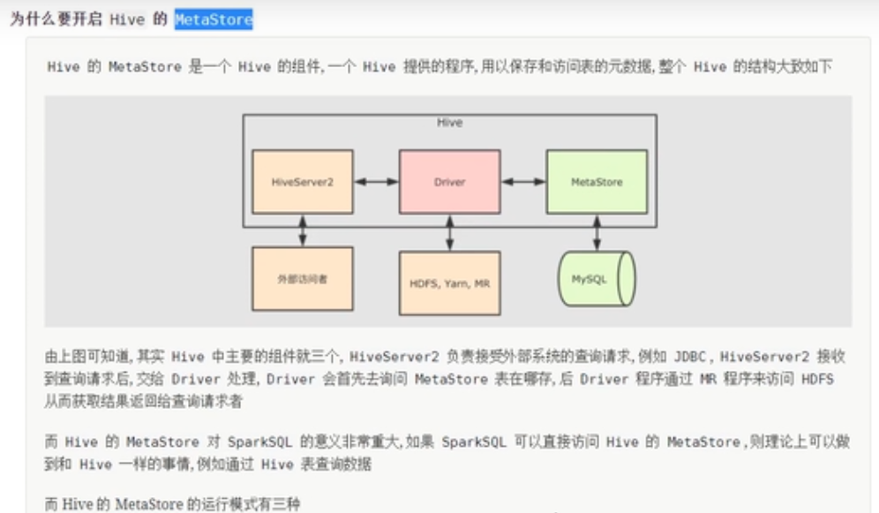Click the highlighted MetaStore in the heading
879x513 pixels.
214,19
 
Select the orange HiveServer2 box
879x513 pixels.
303,182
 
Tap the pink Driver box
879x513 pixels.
449,182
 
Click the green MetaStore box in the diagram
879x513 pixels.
597,182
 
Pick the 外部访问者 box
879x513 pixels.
303,279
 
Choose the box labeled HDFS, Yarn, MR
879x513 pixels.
449,283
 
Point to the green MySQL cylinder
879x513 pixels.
597,279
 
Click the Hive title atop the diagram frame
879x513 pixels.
449,123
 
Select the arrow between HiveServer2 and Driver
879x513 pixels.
377,182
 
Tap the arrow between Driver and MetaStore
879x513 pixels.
523,182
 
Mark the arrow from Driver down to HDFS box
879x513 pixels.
450,232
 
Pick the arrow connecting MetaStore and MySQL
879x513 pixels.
597,232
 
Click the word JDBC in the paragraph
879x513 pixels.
690,357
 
